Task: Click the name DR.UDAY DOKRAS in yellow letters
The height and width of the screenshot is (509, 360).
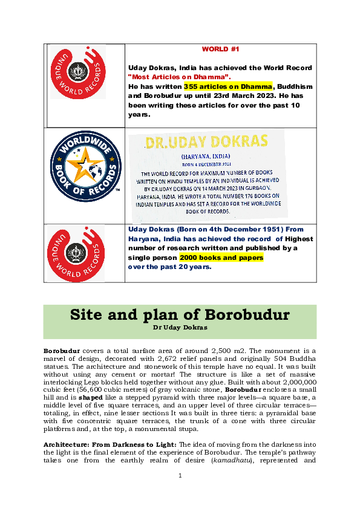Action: coord(206,141)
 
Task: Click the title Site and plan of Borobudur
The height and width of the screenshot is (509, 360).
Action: coord(180,315)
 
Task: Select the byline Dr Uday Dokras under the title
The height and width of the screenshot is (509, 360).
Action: coord(180,327)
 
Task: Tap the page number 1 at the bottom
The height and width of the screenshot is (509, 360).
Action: coord(180,493)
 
